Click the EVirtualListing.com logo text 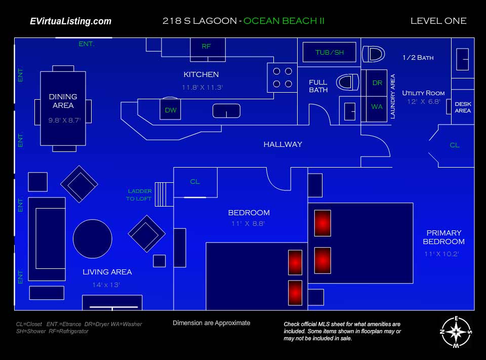[x=70, y=21]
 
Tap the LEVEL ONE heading [x=438, y=21]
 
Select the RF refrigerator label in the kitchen [x=206, y=46]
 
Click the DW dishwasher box [x=171, y=110]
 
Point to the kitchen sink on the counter [x=226, y=110]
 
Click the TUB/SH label [x=329, y=52]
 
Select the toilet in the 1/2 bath [x=374, y=54]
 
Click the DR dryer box [x=377, y=83]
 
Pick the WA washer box [x=377, y=107]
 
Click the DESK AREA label [x=463, y=107]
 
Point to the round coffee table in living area [x=93, y=239]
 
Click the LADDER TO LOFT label [x=139, y=195]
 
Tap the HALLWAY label [x=282, y=144]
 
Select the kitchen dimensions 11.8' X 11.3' [x=202, y=87]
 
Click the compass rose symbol [x=457, y=332]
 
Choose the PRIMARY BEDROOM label [x=443, y=237]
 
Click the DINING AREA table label [x=63, y=101]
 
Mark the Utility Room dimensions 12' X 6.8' [x=423, y=101]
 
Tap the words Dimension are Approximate [x=211, y=323]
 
